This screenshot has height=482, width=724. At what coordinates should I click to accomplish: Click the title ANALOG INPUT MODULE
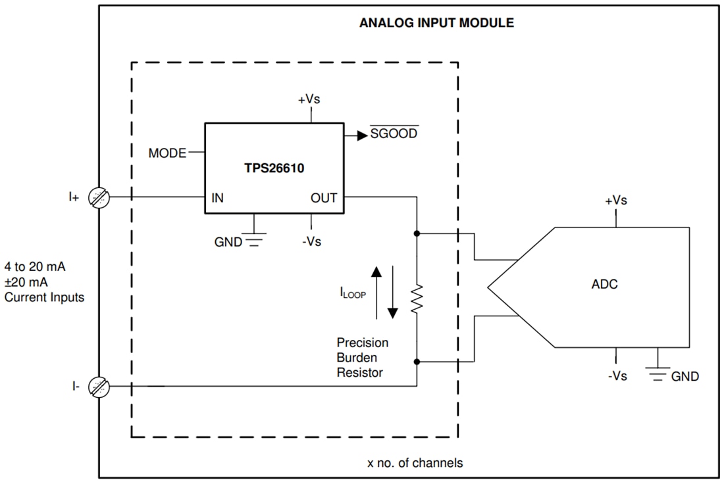436,22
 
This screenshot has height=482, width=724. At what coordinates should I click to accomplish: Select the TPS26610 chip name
274,168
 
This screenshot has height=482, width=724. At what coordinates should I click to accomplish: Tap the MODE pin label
167,153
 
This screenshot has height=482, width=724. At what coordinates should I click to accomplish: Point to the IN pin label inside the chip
217,198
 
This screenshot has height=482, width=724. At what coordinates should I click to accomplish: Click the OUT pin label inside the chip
324,198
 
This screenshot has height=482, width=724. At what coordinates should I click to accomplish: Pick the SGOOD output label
394,134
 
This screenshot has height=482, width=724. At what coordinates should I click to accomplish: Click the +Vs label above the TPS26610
310,99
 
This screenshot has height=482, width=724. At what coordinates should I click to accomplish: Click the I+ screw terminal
100,197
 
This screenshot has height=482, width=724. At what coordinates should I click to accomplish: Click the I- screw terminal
100,387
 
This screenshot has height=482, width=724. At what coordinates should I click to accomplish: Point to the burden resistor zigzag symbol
417,299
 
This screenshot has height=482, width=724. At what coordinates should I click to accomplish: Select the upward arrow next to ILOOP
376,289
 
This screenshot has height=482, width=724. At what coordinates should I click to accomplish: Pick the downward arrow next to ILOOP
392,293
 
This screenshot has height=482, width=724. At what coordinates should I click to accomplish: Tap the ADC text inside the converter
604,284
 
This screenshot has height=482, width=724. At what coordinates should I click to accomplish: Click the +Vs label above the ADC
615,201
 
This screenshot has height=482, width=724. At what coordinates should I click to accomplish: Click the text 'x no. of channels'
415,463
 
